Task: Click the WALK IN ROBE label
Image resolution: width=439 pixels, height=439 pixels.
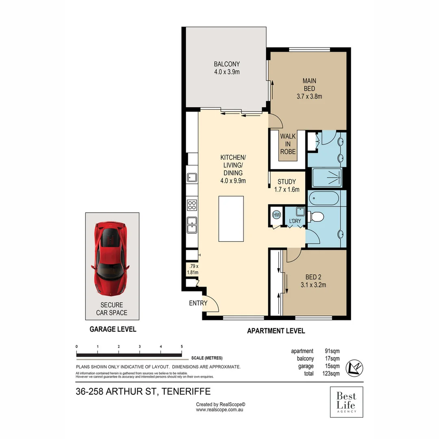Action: point(288,144)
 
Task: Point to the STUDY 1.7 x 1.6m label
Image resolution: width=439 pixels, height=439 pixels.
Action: point(287,185)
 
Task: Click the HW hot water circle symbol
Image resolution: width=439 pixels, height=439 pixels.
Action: point(276,215)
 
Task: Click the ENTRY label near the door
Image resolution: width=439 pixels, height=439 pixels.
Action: point(198,303)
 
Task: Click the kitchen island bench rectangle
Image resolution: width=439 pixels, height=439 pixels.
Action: point(231,219)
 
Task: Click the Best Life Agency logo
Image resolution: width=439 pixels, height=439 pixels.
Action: point(346,402)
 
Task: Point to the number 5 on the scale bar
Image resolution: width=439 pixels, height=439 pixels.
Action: point(182,346)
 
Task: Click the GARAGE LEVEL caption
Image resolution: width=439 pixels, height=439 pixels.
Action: point(113,329)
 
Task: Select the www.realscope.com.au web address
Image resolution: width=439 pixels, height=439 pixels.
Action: point(219,410)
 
